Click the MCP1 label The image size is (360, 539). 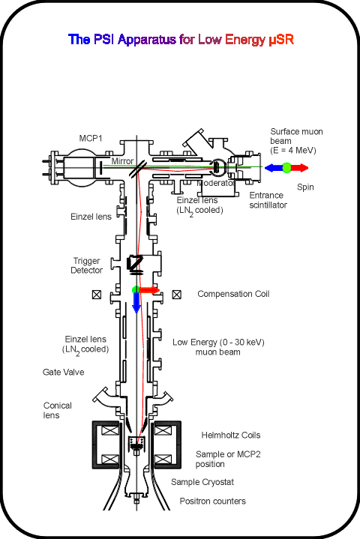click(91, 138)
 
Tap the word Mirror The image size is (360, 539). click(122, 161)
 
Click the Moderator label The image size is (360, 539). click(215, 183)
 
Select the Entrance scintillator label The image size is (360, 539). click(268, 200)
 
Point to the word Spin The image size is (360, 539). click(305, 187)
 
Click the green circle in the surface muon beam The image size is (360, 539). click(286, 168)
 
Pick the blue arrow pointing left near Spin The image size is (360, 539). click(273, 168)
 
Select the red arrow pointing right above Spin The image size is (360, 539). click(299, 168)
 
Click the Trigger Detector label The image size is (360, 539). click(87, 265)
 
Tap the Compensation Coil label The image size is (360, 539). click(233, 294)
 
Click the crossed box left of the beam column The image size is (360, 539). click(97, 295)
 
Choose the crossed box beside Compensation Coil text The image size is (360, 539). click(177, 295)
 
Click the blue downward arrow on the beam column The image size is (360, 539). click(136, 303)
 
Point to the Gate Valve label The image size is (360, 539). click(63, 372)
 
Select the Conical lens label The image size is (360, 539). click(58, 411)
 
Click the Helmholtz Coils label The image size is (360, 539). click(231, 436)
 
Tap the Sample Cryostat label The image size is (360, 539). click(202, 482)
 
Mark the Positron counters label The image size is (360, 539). click(213, 502)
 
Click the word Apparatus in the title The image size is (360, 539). click(147, 40)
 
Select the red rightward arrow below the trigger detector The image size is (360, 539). click(149, 290)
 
